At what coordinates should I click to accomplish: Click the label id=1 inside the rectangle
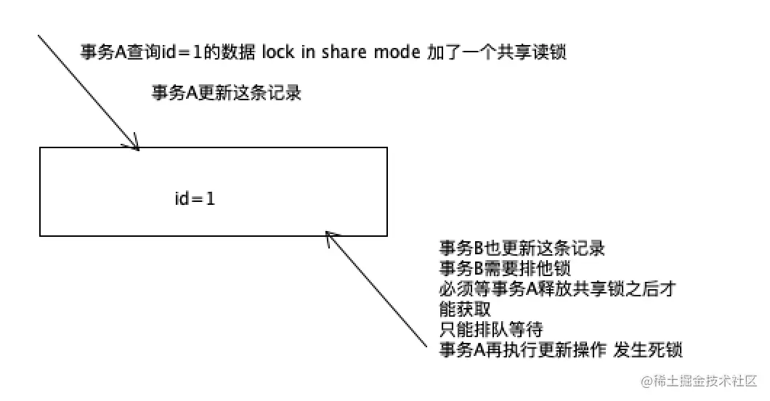(x=195, y=198)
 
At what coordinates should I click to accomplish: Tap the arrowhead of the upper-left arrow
(x=136, y=147)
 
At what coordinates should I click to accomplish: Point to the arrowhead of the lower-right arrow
(x=328, y=234)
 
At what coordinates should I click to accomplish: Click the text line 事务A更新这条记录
(x=226, y=93)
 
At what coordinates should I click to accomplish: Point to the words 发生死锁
(x=648, y=350)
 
